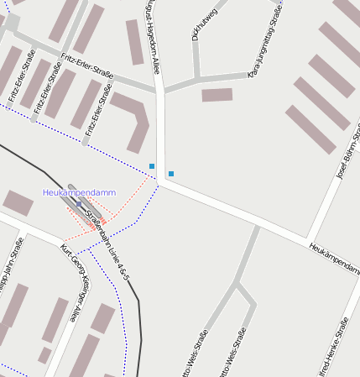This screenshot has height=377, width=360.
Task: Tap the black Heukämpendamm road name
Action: click(x=333, y=259)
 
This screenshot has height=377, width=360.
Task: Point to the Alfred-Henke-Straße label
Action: click(x=337, y=349)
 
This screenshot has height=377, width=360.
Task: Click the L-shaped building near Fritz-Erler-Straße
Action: click(x=133, y=118)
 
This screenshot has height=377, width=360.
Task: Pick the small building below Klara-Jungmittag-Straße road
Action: click(x=217, y=95)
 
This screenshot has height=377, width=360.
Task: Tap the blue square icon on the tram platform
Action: click(x=79, y=204)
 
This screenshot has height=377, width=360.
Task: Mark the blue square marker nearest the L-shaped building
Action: click(x=152, y=166)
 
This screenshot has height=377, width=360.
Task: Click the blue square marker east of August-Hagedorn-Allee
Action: click(x=171, y=174)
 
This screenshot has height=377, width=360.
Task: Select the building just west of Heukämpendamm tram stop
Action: click(x=18, y=202)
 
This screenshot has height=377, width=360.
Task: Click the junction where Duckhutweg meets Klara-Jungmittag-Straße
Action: click(x=198, y=78)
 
